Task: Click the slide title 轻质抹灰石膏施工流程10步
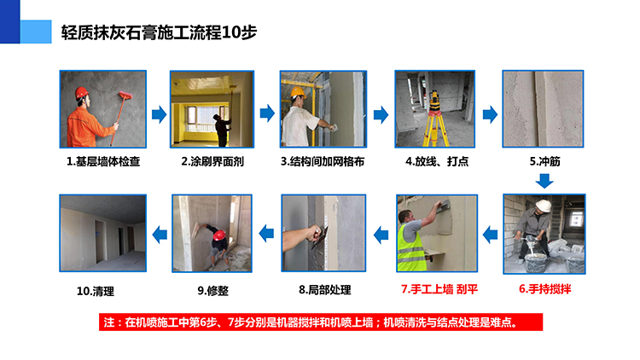(159, 32)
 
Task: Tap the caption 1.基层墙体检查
(103, 161)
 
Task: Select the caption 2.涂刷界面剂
(212, 161)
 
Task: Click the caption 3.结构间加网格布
(323, 161)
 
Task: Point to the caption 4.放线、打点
(437, 161)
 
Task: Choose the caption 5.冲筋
(545, 161)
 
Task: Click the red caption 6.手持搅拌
(545, 289)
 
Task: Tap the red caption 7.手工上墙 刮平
(439, 289)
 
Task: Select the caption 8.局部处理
(325, 290)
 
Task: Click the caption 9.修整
(213, 291)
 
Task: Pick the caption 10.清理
(96, 292)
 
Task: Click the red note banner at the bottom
(321, 322)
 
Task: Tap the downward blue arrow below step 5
(544, 181)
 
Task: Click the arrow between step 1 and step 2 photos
(160, 114)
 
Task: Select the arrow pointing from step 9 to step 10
(160, 235)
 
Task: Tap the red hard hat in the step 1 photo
(81, 93)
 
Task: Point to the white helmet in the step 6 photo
(544, 205)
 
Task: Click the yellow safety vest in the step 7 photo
(411, 248)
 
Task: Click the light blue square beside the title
(36, 32)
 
